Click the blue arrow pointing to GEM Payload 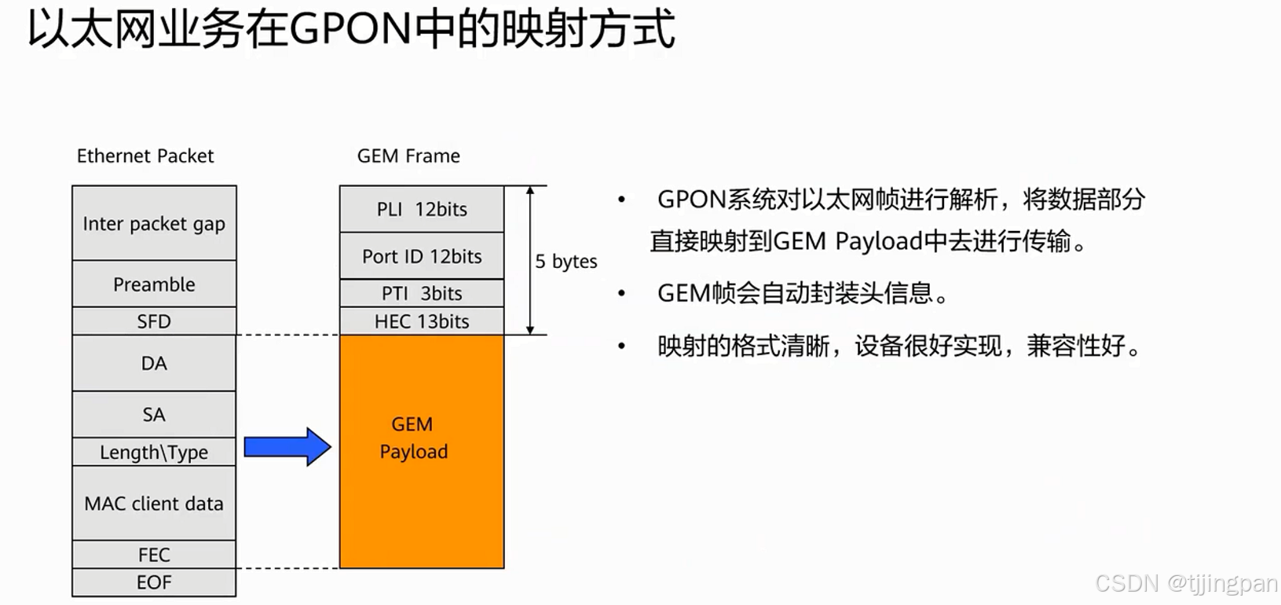pos(287,447)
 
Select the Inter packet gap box pos(154,223)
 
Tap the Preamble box pos(154,284)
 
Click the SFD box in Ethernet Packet pos(154,321)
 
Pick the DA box pos(154,363)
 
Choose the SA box pos(154,414)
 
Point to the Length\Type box pos(154,452)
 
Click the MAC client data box pos(154,503)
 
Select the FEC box pos(154,555)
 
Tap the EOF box pos(154,582)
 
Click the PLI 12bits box pos(422,209)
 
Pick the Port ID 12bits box pos(422,256)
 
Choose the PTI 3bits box pos(422,293)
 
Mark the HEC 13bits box pos(422,321)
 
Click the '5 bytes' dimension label pos(565,261)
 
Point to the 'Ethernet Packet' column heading pos(145,156)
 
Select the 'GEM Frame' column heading pos(408,156)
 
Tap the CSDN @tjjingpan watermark pos(1186,583)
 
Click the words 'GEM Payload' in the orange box pos(414,438)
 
